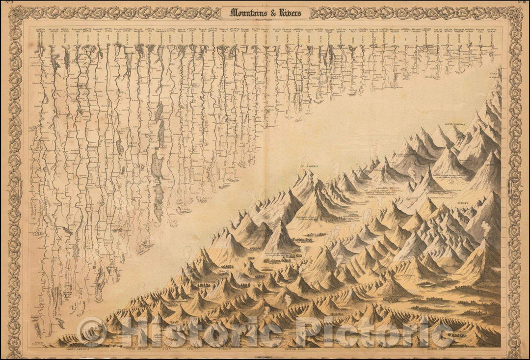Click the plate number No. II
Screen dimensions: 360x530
click(x=7, y=4)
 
